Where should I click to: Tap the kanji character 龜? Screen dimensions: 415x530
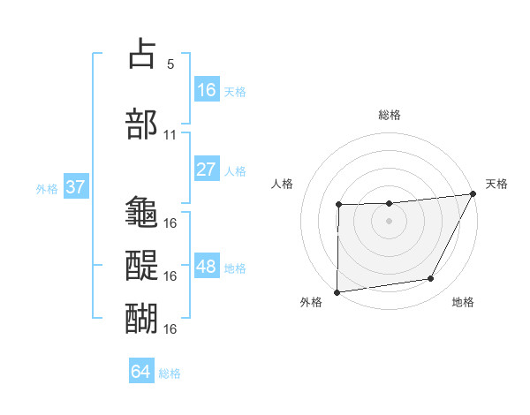142,212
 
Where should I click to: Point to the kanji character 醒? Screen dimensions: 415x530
142,263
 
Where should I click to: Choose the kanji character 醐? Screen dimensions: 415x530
142,315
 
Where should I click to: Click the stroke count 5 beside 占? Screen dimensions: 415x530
170,64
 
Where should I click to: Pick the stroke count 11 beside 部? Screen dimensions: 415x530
170,136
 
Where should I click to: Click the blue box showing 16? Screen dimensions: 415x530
207,90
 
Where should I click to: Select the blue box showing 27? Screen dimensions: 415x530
207,170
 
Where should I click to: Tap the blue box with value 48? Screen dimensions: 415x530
207,267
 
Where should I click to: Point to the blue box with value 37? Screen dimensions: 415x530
76,187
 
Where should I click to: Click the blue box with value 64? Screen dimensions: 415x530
141,372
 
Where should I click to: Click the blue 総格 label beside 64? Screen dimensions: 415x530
170,373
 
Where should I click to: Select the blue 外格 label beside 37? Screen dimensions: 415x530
47,188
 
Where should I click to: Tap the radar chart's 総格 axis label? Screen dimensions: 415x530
389,115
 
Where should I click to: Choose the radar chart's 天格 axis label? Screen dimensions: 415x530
496,184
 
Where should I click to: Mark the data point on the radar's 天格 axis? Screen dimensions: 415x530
473,193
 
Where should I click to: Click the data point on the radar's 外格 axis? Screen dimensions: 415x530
337,292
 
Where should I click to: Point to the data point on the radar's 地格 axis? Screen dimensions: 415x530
431,279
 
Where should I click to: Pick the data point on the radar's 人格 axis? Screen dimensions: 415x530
338,205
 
